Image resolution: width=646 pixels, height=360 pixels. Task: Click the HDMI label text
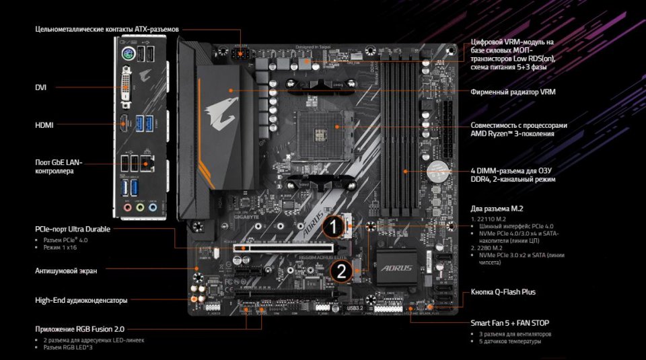pos(44,125)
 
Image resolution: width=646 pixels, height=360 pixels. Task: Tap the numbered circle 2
pos(341,272)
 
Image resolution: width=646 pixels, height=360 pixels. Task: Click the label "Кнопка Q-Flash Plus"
pos(503,293)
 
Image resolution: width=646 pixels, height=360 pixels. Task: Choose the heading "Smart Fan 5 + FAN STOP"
pos(510,323)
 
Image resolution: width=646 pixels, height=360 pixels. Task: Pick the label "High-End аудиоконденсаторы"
pos(81,300)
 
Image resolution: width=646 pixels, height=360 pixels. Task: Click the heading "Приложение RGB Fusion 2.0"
pos(80,329)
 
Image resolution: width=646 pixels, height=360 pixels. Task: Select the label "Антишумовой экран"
pos(66,271)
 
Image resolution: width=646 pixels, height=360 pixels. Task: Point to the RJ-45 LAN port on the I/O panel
pos(151,161)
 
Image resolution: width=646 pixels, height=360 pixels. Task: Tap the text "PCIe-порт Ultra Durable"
pos(73,229)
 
